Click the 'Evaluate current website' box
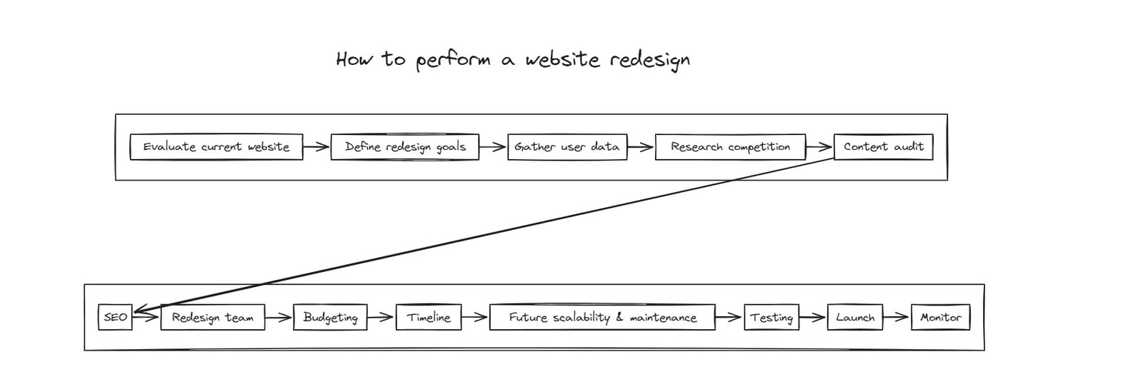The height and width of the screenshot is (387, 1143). [x=216, y=147]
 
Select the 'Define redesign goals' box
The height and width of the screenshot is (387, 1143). [x=404, y=147]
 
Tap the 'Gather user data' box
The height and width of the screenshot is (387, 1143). [x=567, y=147]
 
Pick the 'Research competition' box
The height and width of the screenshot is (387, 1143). [x=730, y=147]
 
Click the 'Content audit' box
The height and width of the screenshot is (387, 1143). [x=883, y=147]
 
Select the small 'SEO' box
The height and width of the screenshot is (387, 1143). [x=115, y=317]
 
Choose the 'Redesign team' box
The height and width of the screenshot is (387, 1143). [x=212, y=318]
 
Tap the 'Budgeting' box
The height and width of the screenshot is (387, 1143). [x=330, y=318]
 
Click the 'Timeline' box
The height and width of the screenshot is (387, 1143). [x=429, y=318]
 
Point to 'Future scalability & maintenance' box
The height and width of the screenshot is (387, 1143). [x=602, y=318]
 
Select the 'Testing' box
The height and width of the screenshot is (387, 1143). [x=771, y=318]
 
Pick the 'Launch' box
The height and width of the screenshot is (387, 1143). [x=854, y=318]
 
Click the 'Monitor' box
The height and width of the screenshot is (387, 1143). [x=940, y=318]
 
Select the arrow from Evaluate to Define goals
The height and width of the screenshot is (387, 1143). [x=316, y=148]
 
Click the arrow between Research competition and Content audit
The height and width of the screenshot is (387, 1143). [x=819, y=148]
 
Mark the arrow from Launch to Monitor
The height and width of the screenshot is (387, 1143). [x=897, y=318]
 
